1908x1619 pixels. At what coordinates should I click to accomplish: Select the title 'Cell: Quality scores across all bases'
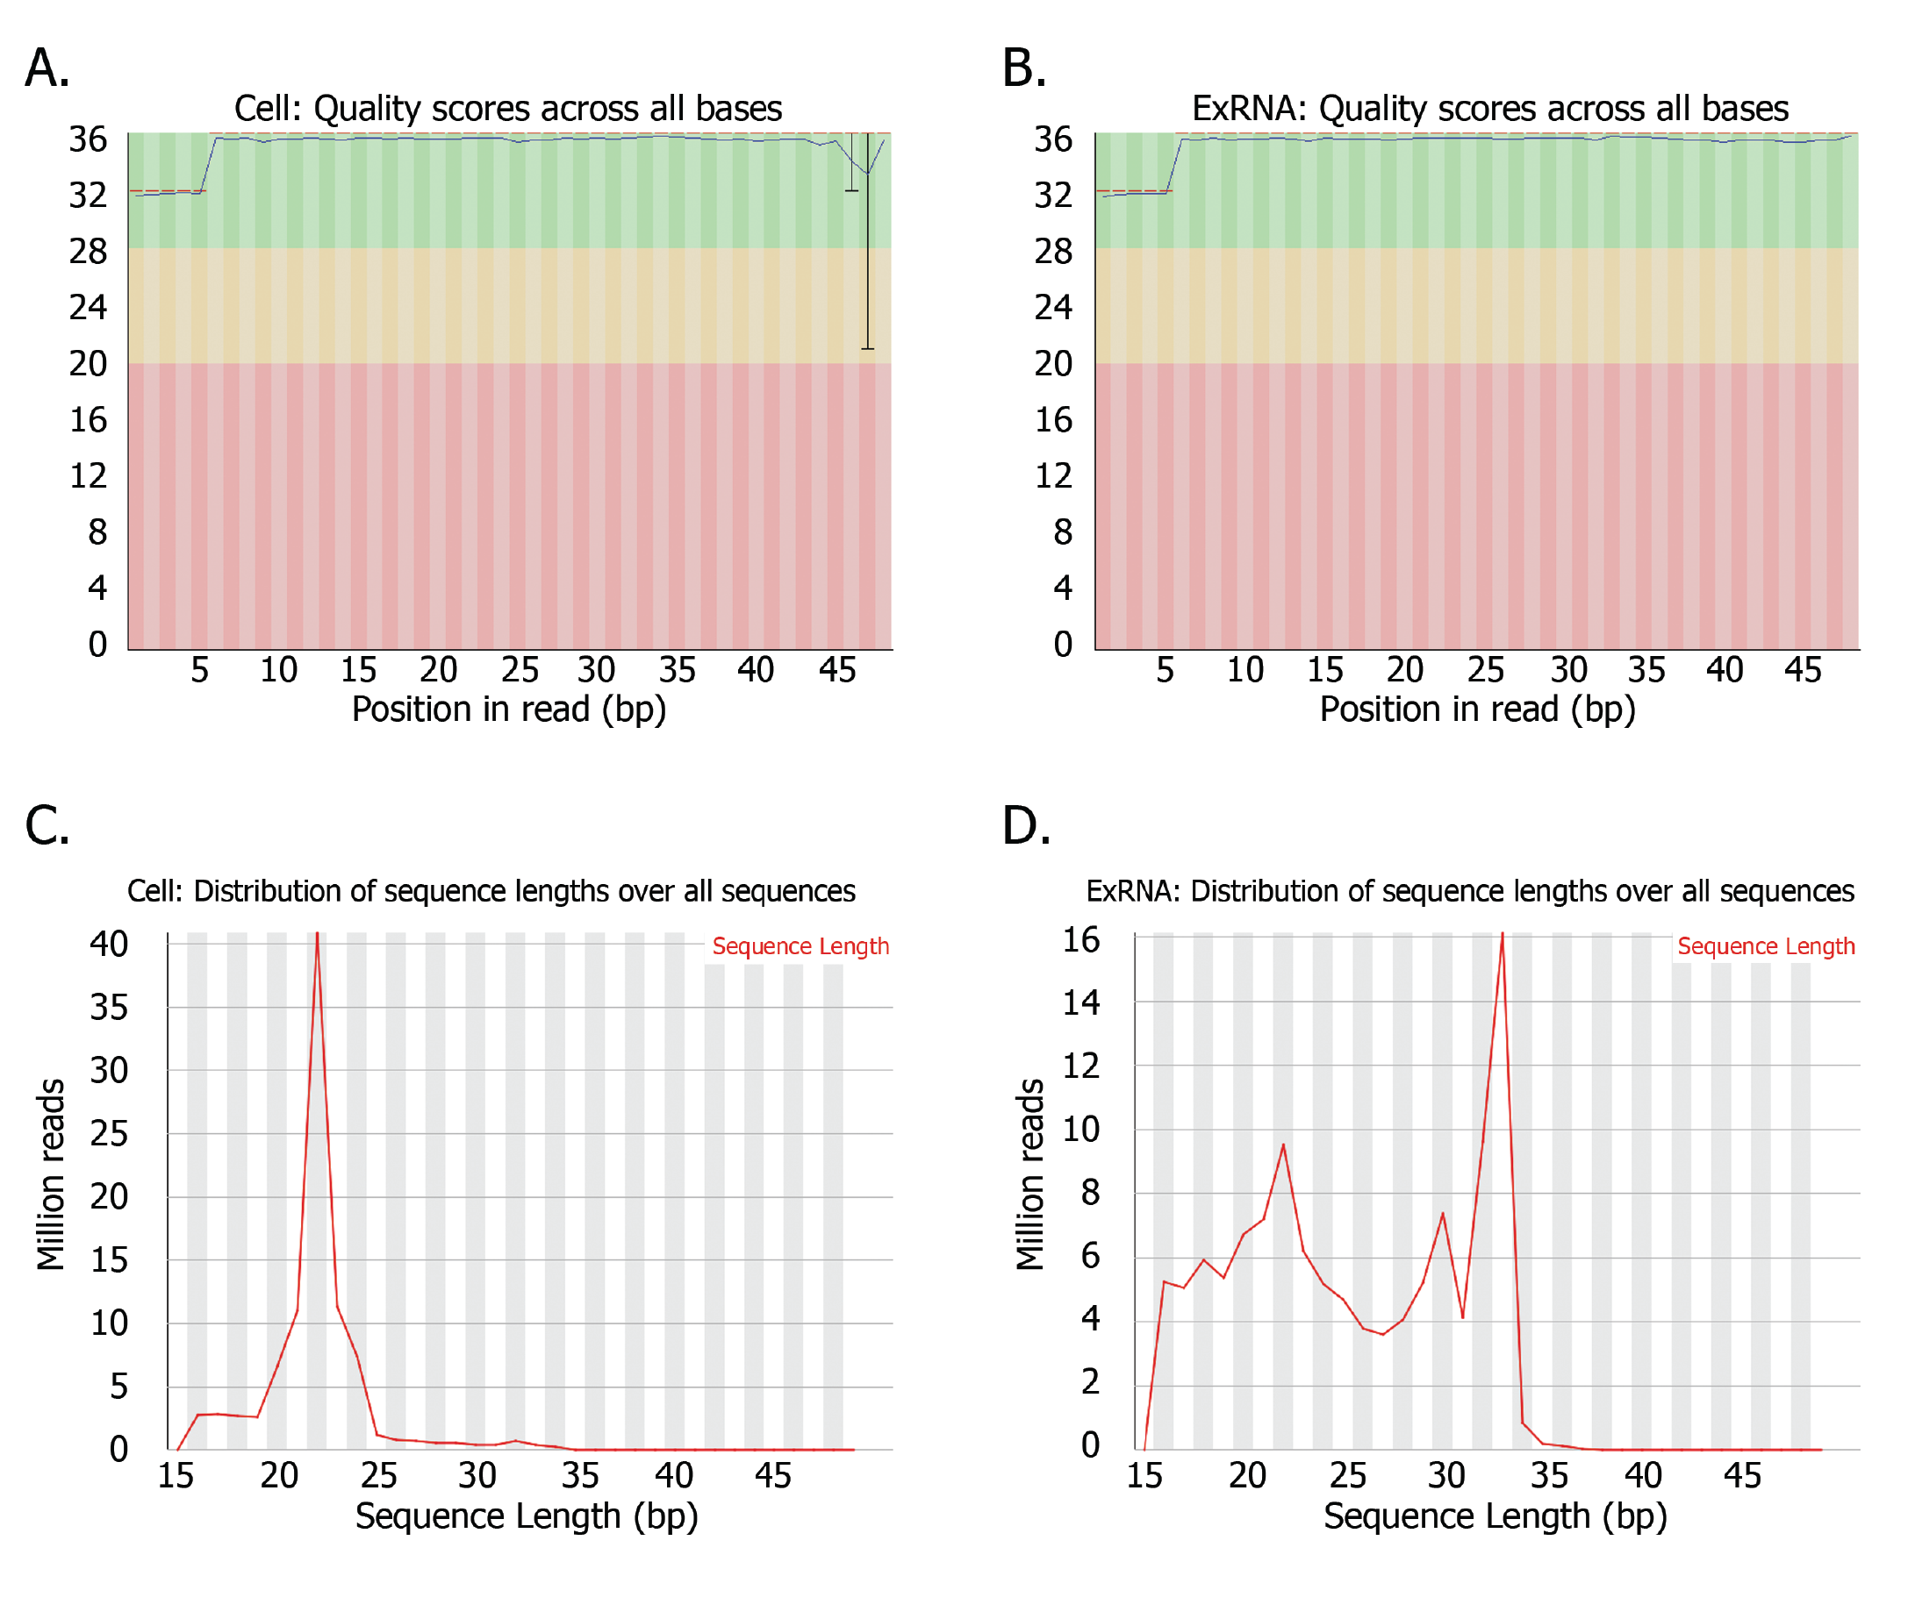(508, 108)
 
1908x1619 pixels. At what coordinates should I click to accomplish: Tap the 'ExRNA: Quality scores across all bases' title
(1489, 108)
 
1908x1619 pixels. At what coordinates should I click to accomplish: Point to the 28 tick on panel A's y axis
(88, 251)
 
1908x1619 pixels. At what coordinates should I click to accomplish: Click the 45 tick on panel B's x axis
(1802, 670)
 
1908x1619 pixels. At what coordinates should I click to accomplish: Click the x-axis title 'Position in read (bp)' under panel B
(1476, 710)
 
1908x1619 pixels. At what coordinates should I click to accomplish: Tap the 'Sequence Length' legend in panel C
(800, 946)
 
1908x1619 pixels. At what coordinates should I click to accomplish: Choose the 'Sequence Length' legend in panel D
(1765, 946)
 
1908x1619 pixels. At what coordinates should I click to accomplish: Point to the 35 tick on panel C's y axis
(108, 1008)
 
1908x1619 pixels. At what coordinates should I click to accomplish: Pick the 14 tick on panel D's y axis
(1080, 1002)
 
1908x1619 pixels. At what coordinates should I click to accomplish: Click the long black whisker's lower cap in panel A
(867, 349)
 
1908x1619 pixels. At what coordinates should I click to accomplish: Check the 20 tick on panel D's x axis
(1246, 1476)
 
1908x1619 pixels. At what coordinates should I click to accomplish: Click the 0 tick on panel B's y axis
(1062, 644)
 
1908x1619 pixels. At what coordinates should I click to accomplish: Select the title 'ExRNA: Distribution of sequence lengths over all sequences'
(1469, 891)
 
